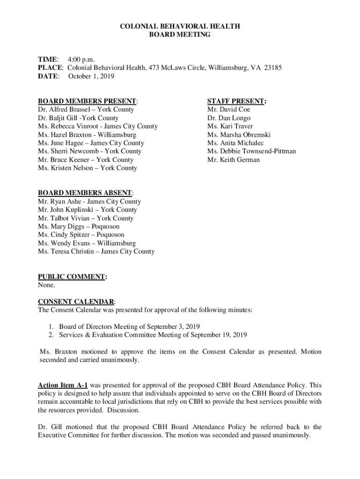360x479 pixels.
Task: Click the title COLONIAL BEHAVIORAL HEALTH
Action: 180,26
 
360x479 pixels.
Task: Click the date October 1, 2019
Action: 91,76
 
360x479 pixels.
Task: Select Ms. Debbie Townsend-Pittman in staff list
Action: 252,151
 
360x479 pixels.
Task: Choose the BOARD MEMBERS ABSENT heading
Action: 85,193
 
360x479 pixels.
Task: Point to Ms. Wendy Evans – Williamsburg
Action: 86,243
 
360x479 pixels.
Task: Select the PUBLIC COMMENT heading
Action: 71,277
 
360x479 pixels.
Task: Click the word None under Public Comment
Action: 46,285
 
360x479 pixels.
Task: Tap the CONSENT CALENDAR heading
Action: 76,302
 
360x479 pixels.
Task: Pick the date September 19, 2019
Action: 219,334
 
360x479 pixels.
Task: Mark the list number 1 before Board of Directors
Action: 50,326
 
